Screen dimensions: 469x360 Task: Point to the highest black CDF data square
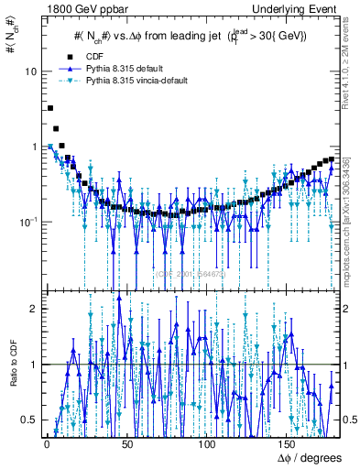pyautogui.click(x=49, y=108)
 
